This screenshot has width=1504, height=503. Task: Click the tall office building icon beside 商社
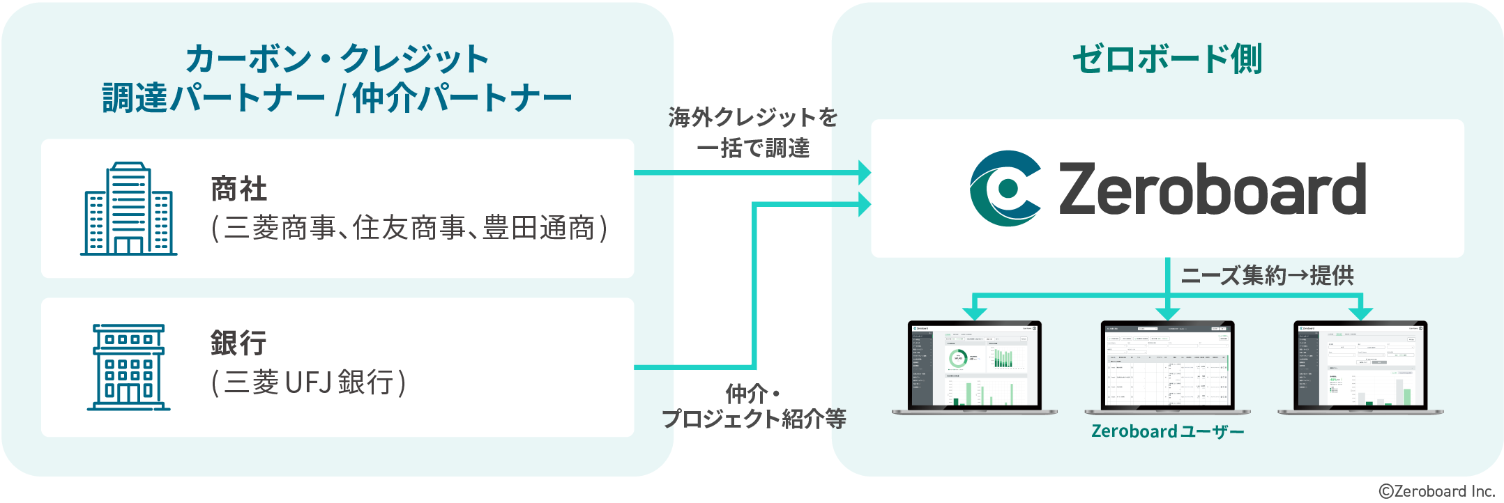129,209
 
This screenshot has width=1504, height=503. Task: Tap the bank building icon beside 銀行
129,367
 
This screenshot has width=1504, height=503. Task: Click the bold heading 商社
239,189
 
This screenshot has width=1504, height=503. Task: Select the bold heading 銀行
239,343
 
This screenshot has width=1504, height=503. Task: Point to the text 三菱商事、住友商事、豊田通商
409,229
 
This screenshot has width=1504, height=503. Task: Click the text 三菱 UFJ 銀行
309,382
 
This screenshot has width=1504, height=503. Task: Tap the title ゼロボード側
1167,59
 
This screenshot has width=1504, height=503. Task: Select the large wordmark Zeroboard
1212,189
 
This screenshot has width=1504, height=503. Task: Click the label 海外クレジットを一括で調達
753,132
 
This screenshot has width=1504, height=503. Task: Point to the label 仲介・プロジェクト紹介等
753,406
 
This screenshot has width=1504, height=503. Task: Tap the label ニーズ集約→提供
1267,276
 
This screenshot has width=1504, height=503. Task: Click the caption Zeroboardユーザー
1167,432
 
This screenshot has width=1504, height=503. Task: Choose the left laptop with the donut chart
974,366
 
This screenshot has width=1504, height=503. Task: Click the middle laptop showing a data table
1167,366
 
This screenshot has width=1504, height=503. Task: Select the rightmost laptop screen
1360,366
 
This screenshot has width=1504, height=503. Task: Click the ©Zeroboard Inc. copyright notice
1437,491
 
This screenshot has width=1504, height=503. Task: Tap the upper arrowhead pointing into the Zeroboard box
865,172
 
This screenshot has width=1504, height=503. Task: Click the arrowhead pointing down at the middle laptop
1167,314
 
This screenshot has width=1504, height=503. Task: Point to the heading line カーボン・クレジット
337,59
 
